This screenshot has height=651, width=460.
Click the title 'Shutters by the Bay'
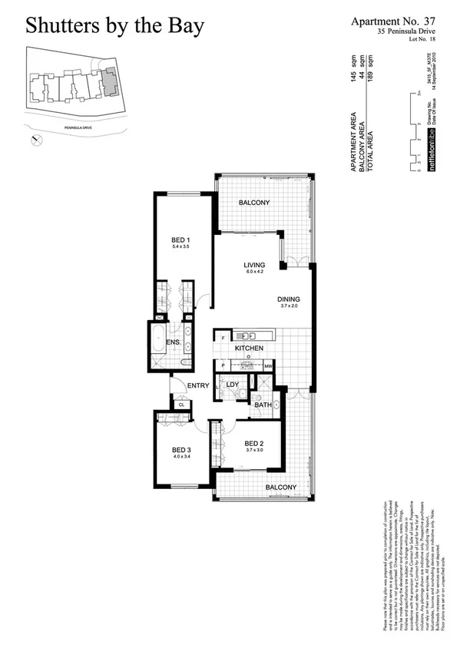click(x=115, y=26)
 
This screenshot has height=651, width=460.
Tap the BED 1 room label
click(x=180, y=240)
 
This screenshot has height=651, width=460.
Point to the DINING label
click(x=289, y=299)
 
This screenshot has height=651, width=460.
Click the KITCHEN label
click(x=249, y=349)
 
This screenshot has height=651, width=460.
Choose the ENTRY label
click(x=198, y=385)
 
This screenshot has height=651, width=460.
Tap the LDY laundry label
click(x=233, y=384)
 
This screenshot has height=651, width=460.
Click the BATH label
click(x=263, y=405)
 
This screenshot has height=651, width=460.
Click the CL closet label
click(x=181, y=405)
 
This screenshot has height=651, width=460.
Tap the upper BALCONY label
click(x=253, y=203)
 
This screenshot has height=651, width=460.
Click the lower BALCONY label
click(x=281, y=487)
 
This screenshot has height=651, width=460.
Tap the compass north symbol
click(x=35, y=140)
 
